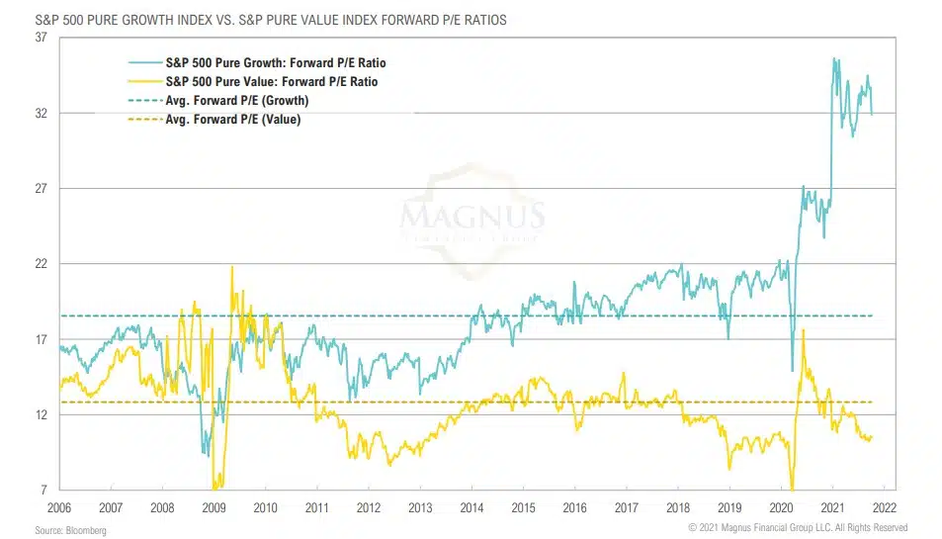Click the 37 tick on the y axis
40,38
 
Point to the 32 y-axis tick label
40,114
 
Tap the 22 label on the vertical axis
40,264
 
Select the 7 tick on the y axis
43,491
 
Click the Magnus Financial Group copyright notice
797,528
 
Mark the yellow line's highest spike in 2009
232,266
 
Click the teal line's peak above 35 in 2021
834,58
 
